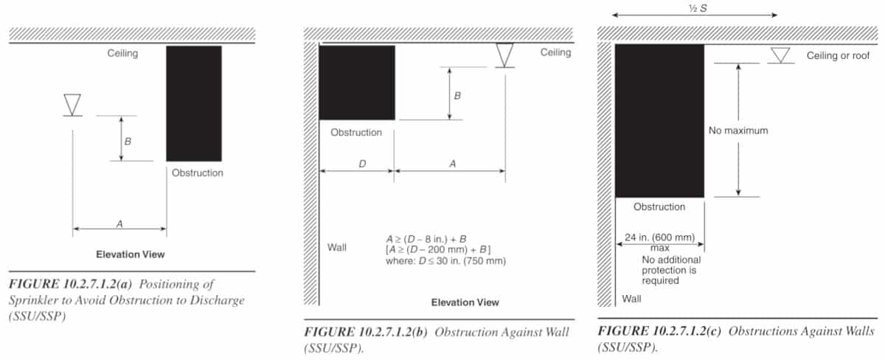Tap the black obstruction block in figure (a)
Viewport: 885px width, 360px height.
(x=193, y=103)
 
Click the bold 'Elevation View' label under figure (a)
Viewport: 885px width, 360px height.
(x=130, y=255)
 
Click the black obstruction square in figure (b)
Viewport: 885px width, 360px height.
(x=356, y=82)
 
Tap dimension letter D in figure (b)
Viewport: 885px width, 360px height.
(x=362, y=165)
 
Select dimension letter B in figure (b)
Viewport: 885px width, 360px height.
(x=457, y=95)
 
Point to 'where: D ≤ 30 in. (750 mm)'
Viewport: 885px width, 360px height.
(x=445, y=261)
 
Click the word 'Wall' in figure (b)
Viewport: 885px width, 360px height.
(x=336, y=247)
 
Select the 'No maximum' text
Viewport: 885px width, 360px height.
(x=738, y=131)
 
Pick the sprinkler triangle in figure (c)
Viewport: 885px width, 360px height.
(x=780, y=55)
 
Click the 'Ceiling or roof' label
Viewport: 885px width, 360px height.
(x=838, y=55)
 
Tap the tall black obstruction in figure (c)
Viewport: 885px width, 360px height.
(x=659, y=120)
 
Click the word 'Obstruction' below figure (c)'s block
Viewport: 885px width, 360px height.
(x=659, y=207)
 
